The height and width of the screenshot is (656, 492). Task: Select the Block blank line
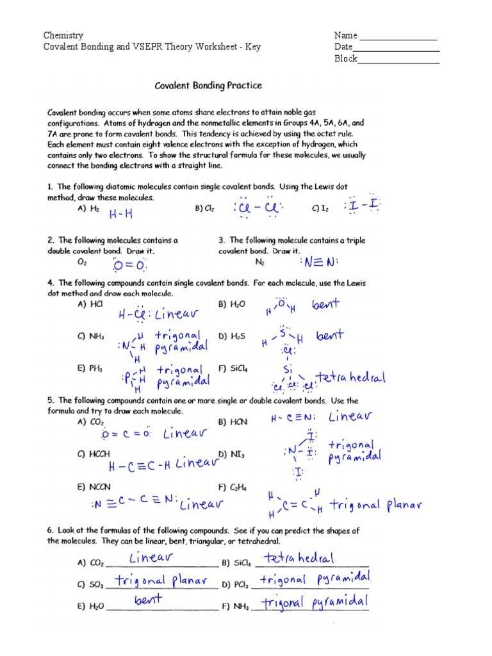click(x=398, y=62)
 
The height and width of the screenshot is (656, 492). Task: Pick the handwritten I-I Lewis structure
click(x=363, y=206)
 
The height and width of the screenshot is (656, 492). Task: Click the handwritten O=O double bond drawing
click(x=130, y=266)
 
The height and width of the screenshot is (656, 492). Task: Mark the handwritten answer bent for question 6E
click(x=148, y=600)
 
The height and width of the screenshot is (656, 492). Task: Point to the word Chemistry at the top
click(x=63, y=35)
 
